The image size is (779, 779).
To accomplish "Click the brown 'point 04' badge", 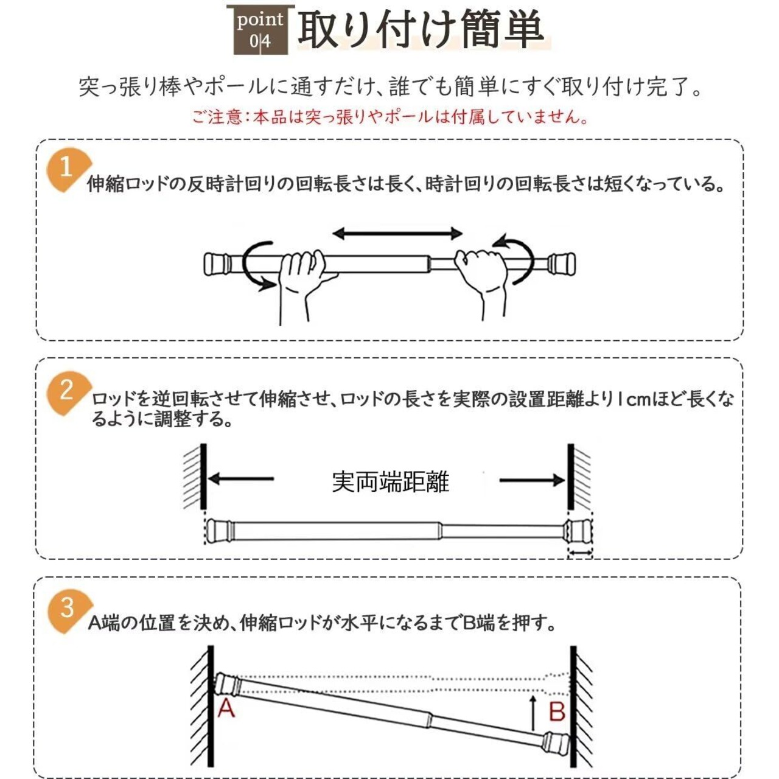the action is pos(260,30).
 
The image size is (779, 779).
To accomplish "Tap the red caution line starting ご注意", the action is pos(389,117).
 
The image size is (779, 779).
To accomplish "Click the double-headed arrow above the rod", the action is pos(397,233).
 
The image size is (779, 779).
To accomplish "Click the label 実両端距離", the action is pos(391,482).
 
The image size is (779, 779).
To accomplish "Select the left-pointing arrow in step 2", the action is pos(240,479).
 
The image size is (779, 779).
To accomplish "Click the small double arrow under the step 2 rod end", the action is pos(580,552).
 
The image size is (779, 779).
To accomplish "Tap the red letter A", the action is pos(226,708).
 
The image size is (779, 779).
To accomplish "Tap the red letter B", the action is pos(557,712).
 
